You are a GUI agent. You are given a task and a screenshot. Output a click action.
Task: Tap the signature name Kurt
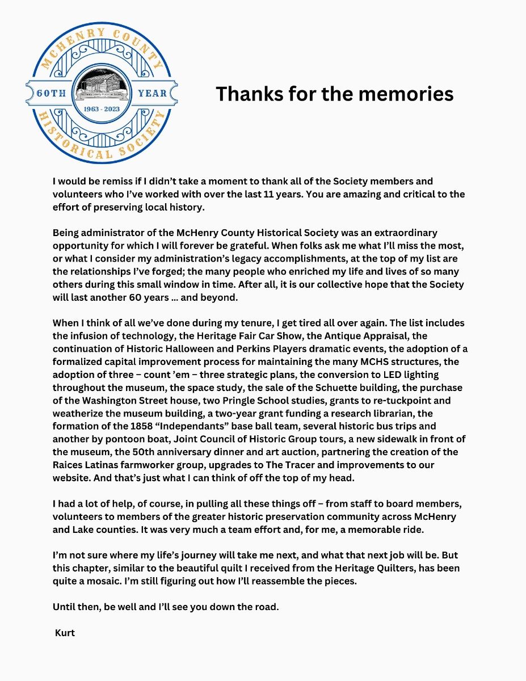click(x=65, y=633)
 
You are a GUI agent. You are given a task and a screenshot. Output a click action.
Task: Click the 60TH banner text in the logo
click(x=52, y=93)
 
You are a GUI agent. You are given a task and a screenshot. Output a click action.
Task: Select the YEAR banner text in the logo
click(x=152, y=93)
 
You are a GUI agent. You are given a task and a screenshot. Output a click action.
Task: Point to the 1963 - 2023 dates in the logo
click(x=102, y=108)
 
